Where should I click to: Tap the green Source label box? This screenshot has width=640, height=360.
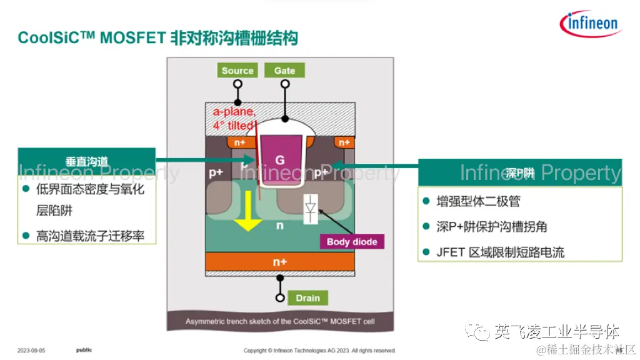click(237, 71)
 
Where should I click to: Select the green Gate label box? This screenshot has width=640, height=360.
click(284, 71)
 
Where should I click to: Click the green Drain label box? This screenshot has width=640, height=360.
click(307, 298)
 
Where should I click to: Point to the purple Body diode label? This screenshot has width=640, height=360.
click(352, 242)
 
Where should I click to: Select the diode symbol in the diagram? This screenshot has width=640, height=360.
click(309, 209)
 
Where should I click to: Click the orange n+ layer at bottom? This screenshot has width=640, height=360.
click(280, 262)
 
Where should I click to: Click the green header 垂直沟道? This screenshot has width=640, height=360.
click(87, 161)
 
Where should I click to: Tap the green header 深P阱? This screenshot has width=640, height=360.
click(520, 172)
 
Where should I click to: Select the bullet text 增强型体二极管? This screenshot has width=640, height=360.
click(479, 201)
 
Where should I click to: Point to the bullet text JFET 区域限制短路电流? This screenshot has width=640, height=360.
click(501, 252)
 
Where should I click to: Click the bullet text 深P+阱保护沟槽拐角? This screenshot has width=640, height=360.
click(492, 227)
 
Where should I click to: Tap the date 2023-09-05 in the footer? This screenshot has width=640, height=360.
click(31, 351)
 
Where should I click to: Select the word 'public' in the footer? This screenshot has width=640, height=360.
click(84, 350)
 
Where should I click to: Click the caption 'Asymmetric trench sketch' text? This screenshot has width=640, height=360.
click(280, 322)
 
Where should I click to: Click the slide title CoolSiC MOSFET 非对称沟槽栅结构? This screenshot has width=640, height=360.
click(157, 38)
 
